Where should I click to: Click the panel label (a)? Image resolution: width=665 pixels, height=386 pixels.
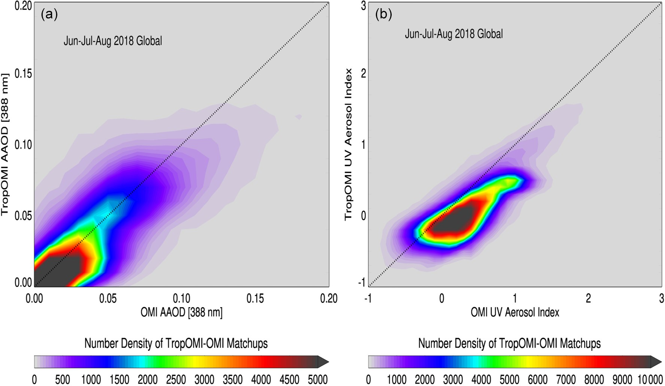(x=49, y=14)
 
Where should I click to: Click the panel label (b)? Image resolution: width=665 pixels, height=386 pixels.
(x=384, y=14)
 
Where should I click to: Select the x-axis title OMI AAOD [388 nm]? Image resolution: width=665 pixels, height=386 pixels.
(x=182, y=312)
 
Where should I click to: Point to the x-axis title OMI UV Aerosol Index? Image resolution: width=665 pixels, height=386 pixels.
(x=515, y=312)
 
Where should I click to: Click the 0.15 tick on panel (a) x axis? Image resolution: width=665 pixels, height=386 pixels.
(x=255, y=298)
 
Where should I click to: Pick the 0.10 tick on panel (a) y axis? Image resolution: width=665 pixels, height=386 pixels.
(x=23, y=145)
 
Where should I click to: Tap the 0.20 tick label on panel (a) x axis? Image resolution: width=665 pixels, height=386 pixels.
(x=328, y=298)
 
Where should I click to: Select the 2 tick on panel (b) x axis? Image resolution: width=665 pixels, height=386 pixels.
(x=588, y=298)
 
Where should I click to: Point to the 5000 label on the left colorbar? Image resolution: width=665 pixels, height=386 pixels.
(x=318, y=380)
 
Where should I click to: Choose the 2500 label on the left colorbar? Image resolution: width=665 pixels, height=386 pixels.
(x=176, y=380)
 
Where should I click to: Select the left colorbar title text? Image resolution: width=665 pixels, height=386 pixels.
(x=176, y=343)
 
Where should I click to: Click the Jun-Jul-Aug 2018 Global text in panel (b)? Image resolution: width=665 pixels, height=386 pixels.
(x=454, y=34)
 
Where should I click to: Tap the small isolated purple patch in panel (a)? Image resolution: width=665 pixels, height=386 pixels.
(x=298, y=117)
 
